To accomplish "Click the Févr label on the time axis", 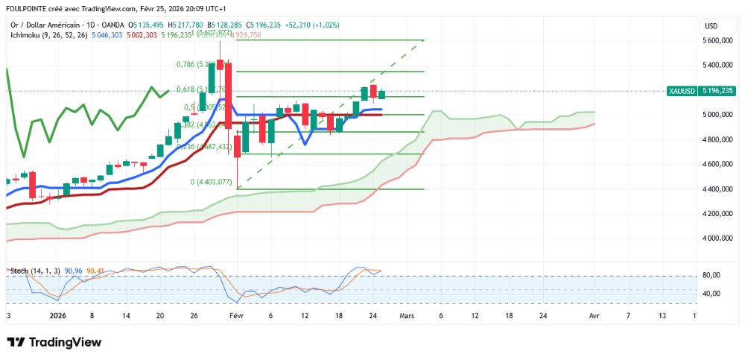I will (x=237, y=316).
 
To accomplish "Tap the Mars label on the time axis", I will (x=407, y=316).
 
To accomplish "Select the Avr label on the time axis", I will (x=594, y=316).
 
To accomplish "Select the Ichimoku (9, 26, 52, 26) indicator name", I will (x=45, y=35).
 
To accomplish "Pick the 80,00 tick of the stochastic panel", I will (x=712, y=276).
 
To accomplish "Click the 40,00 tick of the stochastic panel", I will (x=712, y=294).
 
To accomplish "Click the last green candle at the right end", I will (x=382, y=94).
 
